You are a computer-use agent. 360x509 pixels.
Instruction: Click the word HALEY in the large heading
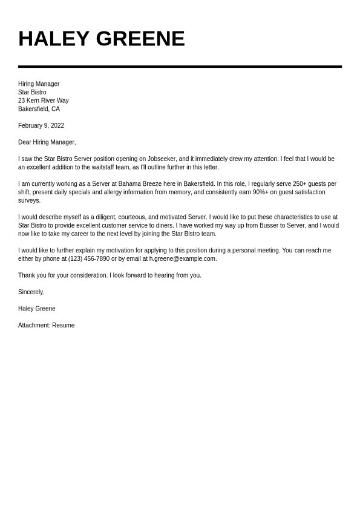click(x=54, y=39)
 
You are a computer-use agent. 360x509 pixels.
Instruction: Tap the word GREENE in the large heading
click(x=140, y=39)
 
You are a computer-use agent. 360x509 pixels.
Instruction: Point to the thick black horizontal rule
click(x=180, y=67)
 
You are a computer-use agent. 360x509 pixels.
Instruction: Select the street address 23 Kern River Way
click(x=43, y=100)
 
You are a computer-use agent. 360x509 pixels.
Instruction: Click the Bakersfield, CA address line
click(x=39, y=109)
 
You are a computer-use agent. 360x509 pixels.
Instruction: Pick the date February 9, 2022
click(x=41, y=125)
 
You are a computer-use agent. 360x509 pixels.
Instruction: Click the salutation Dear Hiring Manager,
click(x=47, y=142)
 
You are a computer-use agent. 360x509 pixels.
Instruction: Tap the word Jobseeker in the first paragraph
click(x=162, y=159)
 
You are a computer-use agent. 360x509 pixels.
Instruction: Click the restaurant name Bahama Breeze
click(x=140, y=184)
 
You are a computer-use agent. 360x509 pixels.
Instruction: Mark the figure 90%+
click(x=260, y=192)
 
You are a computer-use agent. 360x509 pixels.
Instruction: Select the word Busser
click(x=269, y=226)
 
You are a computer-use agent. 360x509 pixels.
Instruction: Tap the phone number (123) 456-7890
click(x=89, y=259)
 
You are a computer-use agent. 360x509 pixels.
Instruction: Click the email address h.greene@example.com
click(x=182, y=259)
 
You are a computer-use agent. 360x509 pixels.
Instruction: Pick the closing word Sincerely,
click(x=31, y=292)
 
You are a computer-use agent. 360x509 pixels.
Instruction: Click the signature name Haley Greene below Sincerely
click(x=37, y=309)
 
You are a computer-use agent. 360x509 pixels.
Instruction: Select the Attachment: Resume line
click(x=47, y=326)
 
